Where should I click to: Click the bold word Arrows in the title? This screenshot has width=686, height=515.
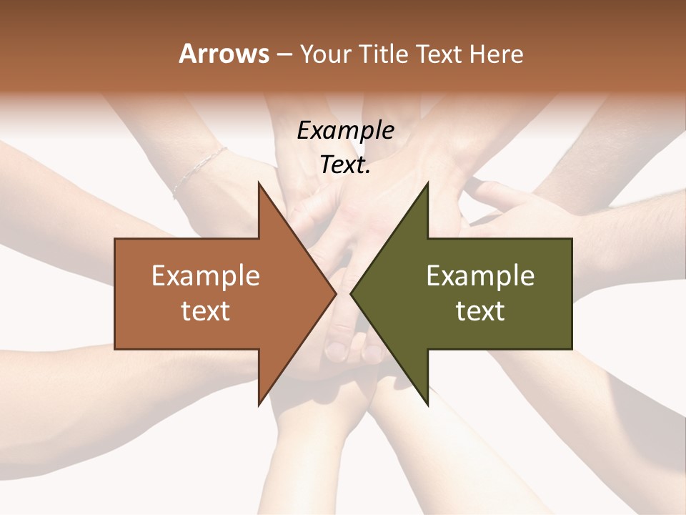pyautogui.click(x=224, y=54)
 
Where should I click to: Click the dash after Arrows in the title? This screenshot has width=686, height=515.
pyautogui.click(x=284, y=55)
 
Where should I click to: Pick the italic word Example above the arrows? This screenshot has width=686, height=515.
pyautogui.click(x=345, y=130)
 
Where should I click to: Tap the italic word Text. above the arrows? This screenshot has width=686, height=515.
pyautogui.click(x=345, y=165)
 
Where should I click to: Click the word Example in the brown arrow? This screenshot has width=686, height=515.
pyautogui.click(x=205, y=275)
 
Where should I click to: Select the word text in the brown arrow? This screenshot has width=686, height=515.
pyautogui.click(x=205, y=311)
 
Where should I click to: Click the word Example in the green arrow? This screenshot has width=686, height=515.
pyautogui.click(x=480, y=275)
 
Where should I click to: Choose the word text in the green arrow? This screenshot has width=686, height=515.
pyautogui.click(x=480, y=311)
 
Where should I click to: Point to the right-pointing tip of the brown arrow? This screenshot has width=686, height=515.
pyautogui.click(x=336, y=293)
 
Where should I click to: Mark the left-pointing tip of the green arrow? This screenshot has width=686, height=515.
pyautogui.click(x=351, y=293)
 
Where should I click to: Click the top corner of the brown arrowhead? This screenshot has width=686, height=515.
pyautogui.click(x=259, y=183)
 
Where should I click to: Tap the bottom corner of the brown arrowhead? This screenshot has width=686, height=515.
pyautogui.click(x=259, y=404)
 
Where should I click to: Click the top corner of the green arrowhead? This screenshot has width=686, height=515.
pyautogui.click(x=427, y=183)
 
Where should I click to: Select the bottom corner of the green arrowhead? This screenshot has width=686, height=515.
pyautogui.click(x=427, y=404)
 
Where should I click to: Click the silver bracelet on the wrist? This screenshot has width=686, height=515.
pyautogui.click(x=199, y=172)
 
